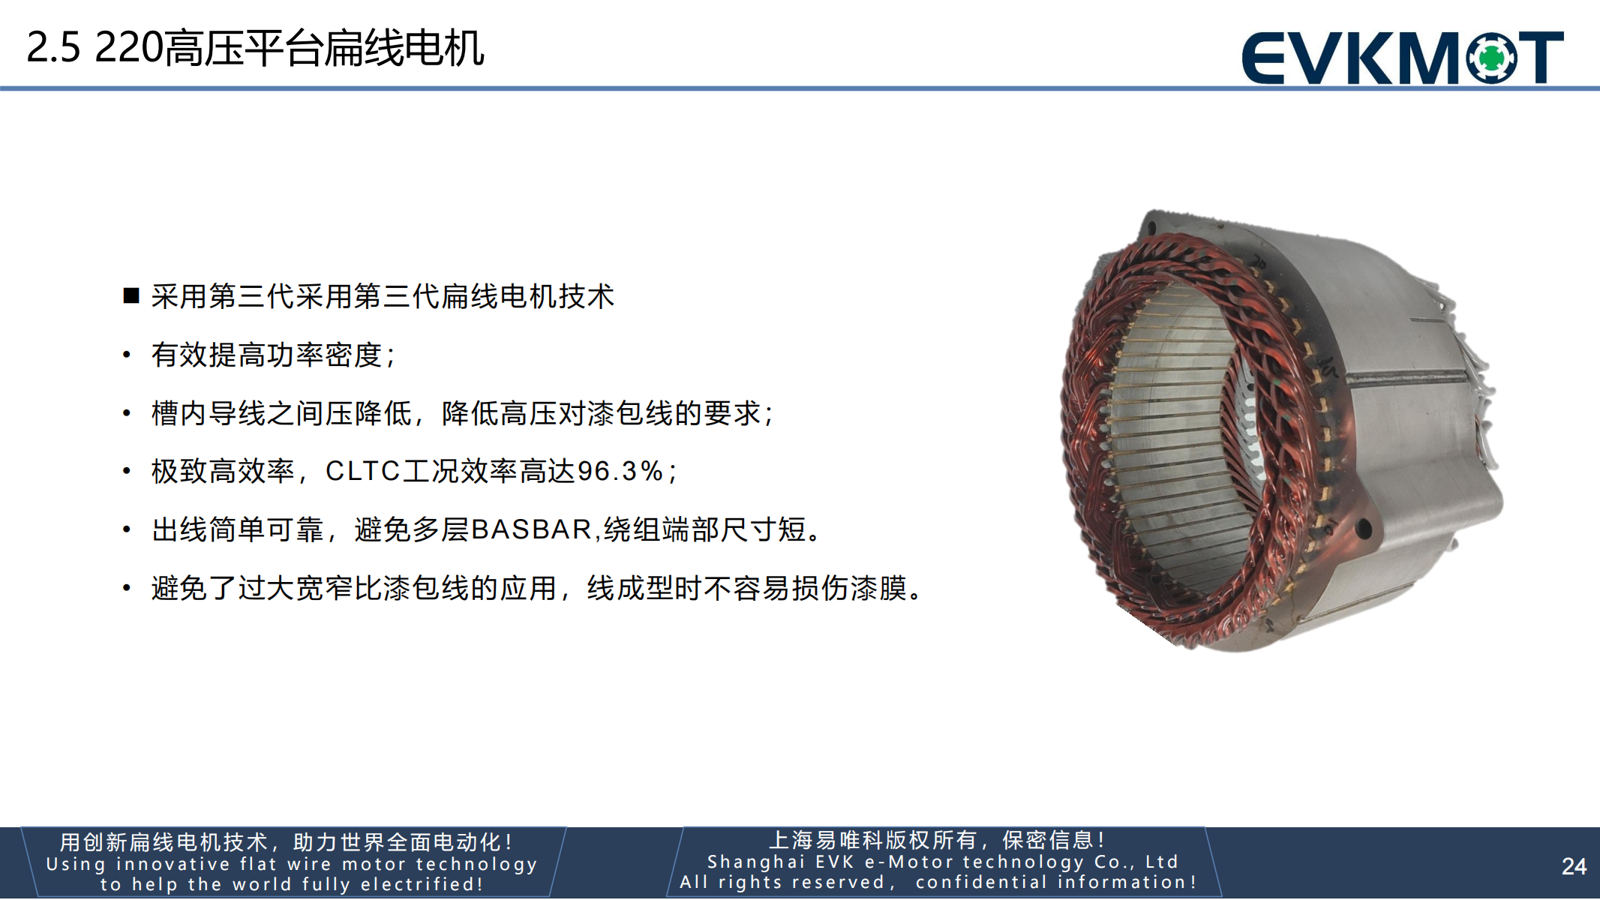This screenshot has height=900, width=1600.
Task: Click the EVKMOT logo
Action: (1403, 57)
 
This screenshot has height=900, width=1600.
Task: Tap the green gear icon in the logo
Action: (1492, 57)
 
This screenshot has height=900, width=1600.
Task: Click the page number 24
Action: (1574, 866)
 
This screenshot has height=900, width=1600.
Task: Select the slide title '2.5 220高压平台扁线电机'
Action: (255, 48)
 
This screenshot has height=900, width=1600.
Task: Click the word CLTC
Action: (363, 471)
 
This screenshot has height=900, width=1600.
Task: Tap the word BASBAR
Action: (532, 529)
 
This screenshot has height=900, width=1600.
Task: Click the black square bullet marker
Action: (131, 295)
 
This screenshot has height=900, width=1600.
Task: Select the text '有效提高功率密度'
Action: (267, 355)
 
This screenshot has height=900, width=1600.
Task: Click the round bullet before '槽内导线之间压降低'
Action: (127, 413)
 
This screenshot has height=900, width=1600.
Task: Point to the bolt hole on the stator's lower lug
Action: (1364, 529)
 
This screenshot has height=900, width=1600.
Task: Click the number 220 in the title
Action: (129, 48)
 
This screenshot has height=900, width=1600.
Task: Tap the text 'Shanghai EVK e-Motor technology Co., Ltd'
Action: (943, 862)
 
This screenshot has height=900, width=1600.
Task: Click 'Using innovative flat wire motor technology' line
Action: (292, 864)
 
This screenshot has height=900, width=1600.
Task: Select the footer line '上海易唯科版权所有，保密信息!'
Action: (938, 840)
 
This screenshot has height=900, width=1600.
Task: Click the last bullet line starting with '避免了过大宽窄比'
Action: (537, 588)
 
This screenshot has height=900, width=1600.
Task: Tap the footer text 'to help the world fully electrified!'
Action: (292, 884)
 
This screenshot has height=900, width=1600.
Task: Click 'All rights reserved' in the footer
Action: (782, 882)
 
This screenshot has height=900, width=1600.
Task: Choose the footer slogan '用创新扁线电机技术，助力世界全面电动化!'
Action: (287, 842)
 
